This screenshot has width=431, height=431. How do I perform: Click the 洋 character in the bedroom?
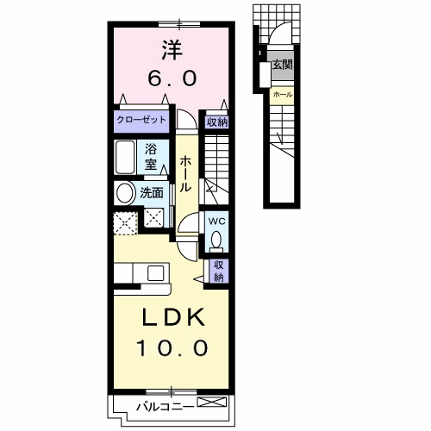172,50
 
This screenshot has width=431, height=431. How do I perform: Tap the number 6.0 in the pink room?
172,78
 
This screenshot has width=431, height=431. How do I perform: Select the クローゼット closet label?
141,120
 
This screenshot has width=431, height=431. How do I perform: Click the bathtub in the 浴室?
125,157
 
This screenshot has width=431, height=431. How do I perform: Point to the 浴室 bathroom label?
151,157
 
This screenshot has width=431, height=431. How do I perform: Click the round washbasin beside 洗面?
125,194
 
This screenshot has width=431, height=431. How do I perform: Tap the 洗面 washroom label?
152,193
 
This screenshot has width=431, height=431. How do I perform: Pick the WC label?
217,222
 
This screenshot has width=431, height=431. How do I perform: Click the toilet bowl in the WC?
216,240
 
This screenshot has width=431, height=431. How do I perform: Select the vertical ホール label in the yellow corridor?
185,174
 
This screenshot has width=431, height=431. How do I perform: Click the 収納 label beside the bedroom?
217,122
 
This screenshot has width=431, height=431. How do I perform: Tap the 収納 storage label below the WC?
219,271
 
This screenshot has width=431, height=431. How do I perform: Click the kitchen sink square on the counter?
155,273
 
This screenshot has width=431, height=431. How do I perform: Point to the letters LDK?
173,317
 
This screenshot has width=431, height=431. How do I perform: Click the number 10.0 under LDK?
172,347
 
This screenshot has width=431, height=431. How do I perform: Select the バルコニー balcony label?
165,407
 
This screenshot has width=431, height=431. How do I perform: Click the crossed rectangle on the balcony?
212,402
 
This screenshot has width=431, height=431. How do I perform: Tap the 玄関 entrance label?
283,65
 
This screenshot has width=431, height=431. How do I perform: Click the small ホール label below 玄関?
283,94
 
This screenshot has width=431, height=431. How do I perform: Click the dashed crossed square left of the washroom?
125,223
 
